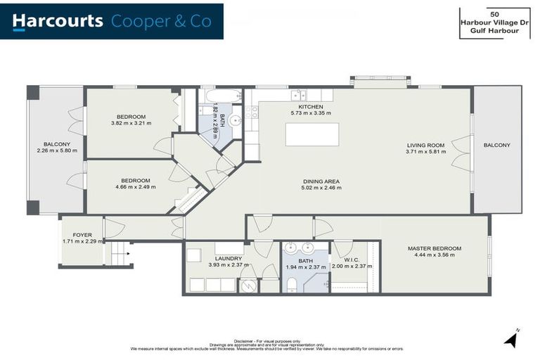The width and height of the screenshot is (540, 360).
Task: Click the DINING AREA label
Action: pyautogui.click(x=321, y=181)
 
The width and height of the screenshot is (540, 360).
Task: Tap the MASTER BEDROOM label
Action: pyautogui.click(x=435, y=248)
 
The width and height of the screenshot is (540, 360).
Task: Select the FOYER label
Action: pyautogui.click(x=82, y=235)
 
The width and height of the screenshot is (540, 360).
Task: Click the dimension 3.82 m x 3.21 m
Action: pyautogui.click(x=131, y=123)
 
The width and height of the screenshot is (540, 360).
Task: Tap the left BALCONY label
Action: pyautogui.click(x=50, y=143)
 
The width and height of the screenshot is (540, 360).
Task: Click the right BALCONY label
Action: pyautogui.click(x=497, y=145)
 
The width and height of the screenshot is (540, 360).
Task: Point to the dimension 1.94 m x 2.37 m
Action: pyautogui.click(x=305, y=267)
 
